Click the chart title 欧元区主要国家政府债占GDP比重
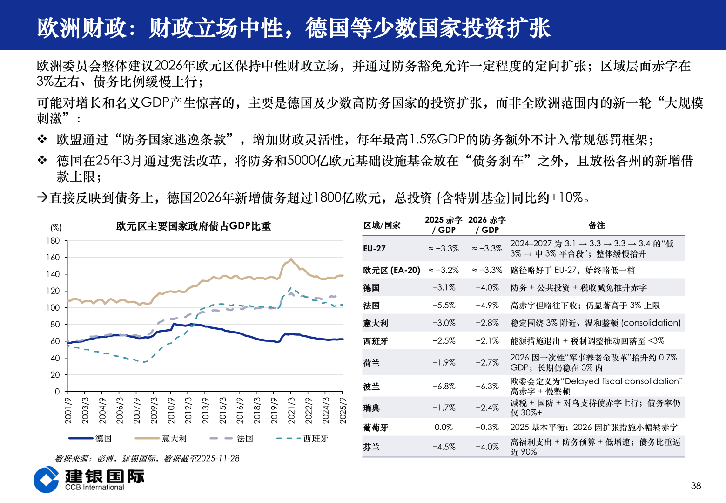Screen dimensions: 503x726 (193, 226)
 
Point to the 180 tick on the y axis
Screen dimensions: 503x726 (54, 241)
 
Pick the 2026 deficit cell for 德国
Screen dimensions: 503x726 (487, 288)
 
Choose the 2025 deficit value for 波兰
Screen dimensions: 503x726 (444, 387)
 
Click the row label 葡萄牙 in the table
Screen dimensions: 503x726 (375, 428)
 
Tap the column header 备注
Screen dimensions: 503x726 (597, 225)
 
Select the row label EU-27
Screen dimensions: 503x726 (374, 249)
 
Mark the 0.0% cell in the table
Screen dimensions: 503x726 (444, 428)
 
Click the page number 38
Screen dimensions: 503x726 (696, 486)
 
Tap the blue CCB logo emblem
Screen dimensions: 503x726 (46, 480)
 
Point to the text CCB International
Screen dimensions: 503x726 (94, 488)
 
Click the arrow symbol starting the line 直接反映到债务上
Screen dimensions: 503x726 (42, 197)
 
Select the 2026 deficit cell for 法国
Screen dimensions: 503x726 (487, 306)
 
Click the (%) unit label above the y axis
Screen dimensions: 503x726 (56, 228)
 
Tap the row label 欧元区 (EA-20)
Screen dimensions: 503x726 (391, 270)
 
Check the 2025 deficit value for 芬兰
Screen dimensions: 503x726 (444, 447)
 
